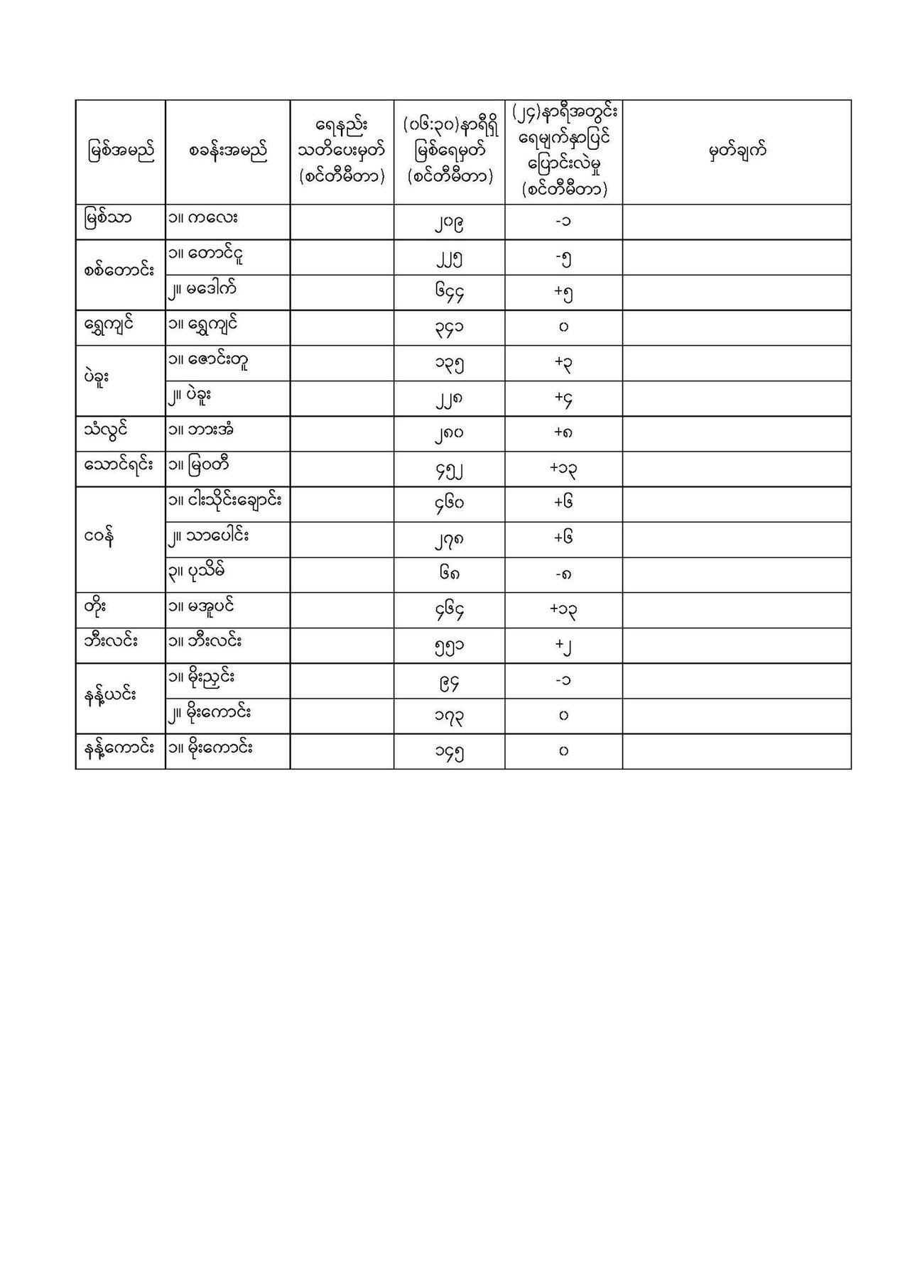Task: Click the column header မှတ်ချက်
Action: (x=737, y=151)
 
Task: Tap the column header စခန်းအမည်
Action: (x=228, y=151)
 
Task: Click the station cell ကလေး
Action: (x=203, y=217)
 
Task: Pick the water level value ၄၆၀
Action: (x=449, y=503)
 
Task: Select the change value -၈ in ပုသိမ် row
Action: (x=563, y=574)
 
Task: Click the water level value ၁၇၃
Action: (x=449, y=716)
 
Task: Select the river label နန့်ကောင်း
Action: (x=119, y=748)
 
